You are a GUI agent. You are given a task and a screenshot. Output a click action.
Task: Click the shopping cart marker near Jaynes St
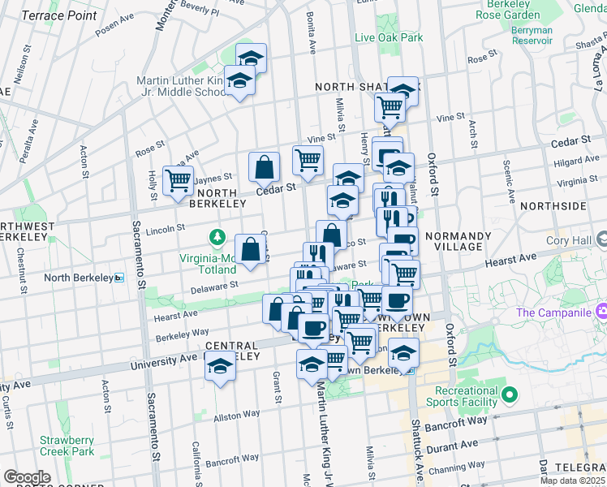(x=178, y=180)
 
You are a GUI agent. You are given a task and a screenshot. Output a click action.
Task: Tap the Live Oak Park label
(x=389, y=37)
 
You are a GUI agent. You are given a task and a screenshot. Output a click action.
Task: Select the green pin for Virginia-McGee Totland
(x=217, y=238)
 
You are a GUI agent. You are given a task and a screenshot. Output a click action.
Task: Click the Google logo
(x=27, y=477)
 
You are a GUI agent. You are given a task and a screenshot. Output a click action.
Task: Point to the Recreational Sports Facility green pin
(x=509, y=396)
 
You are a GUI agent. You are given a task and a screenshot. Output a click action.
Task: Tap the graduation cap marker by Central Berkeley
(x=218, y=368)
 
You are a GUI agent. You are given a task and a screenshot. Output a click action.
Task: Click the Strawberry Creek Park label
(x=67, y=446)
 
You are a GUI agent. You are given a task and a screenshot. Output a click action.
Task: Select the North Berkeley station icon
(x=118, y=278)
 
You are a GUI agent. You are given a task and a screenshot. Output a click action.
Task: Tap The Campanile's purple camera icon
(x=601, y=311)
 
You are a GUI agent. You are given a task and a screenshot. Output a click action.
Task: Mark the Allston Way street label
(x=236, y=415)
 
